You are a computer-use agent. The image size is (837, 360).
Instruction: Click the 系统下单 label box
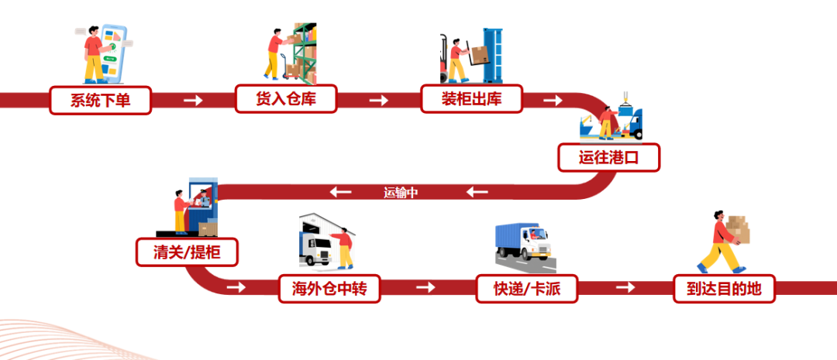tap(101, 100)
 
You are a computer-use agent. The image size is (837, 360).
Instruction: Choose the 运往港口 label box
tap(608, 157)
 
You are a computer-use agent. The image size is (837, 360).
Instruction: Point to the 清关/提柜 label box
tap(186, 252)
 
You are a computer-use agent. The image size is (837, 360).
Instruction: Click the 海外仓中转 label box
tap(329, 289)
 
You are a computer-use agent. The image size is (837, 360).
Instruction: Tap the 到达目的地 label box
tap(724, 289)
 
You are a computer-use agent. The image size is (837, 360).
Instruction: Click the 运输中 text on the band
tap(401, 192)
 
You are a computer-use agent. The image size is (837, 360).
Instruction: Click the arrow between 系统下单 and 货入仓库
tap(193, 100)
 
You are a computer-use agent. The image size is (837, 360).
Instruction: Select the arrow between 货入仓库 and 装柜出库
tap(378, 100)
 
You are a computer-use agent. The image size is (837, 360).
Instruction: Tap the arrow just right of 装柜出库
tap(553, 100)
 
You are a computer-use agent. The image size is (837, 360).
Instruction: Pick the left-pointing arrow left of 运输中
tap(341, 192)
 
